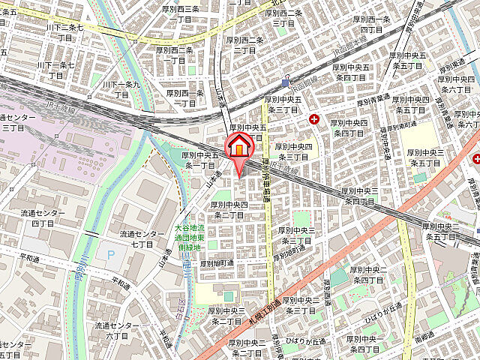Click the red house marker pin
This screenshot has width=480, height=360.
click(239, 146)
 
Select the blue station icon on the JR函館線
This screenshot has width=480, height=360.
click(286, 82)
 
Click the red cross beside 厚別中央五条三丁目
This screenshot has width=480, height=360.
click(313, 118)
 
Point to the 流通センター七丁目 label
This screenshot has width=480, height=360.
click(142, 238)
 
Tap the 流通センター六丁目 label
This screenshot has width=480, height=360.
click(116, 331)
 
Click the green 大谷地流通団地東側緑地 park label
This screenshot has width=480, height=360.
click(190, 237)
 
